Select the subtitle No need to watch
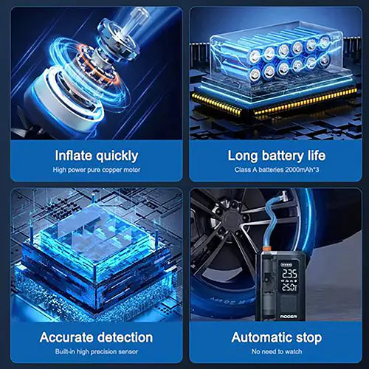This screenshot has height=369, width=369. (x=277, y=353)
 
